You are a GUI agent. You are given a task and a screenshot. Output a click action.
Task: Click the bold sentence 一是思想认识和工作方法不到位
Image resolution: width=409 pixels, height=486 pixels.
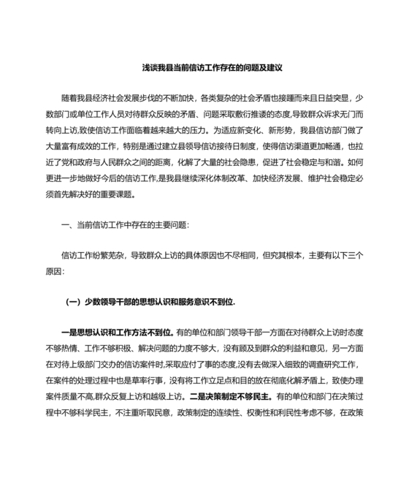coord(116,333)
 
